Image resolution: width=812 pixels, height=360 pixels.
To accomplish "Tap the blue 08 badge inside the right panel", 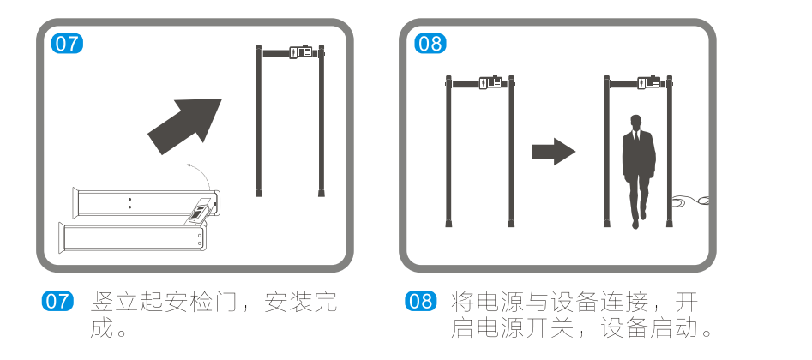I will pyautogui.click(x=430, y=44).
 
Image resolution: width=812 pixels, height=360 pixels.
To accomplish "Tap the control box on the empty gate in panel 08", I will pyautogui.click(x=490, y=82).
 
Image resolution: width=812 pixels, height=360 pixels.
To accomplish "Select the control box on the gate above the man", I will pyautogui.click(x=649, y=82).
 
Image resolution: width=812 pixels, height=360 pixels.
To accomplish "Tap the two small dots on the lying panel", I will pyautogui.click(x=129, y=202).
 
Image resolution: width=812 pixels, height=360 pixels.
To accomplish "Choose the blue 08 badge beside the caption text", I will pyautogui.click(x=420, y=303).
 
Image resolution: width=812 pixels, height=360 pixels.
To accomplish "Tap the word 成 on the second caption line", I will pyautogui.click(x=101, y=327).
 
